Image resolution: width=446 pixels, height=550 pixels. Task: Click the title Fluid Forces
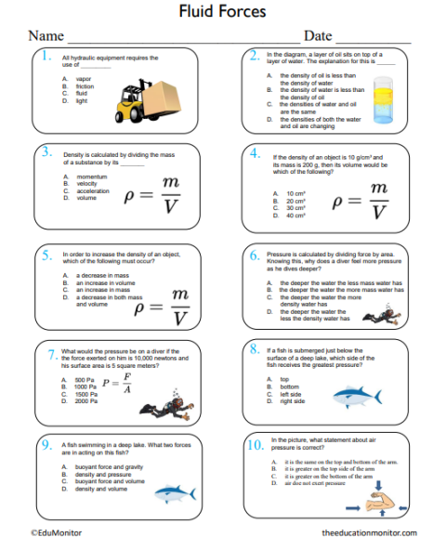pyautogui.click(x=222, y=11)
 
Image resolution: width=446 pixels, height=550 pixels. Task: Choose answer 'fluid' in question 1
pyautogui.click(x=82, y=93)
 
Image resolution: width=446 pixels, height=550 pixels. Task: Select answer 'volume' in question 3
pyautogui.click(x=86, y=198)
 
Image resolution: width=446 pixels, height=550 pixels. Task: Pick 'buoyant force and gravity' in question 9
pyautogui.click(x=108, y=466)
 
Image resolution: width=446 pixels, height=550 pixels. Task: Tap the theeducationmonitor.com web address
pyautogui.click(x=369, y=533)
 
